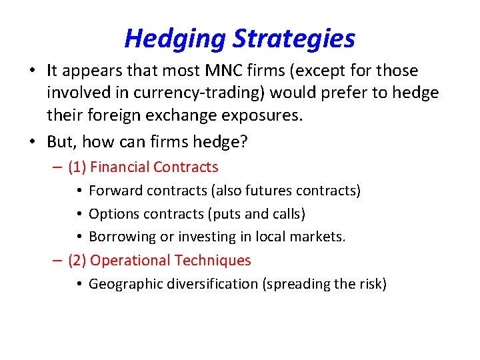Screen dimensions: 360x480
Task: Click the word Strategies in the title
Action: point(293,39)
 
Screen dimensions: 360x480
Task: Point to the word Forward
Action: point(115,191)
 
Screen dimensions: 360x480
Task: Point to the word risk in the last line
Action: point(369,284)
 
